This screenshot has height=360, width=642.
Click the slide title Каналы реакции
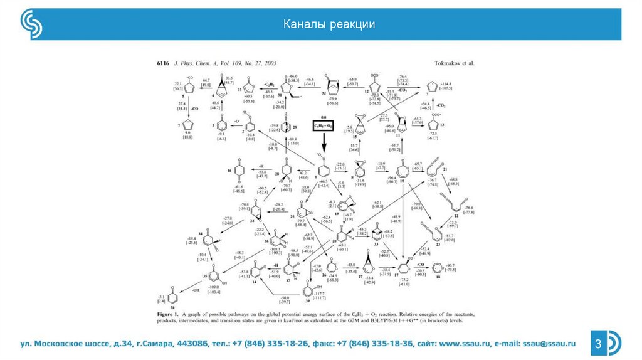(329, 24)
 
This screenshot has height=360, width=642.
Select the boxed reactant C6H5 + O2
(325, 126)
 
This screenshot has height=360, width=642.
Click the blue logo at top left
(30, 24)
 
